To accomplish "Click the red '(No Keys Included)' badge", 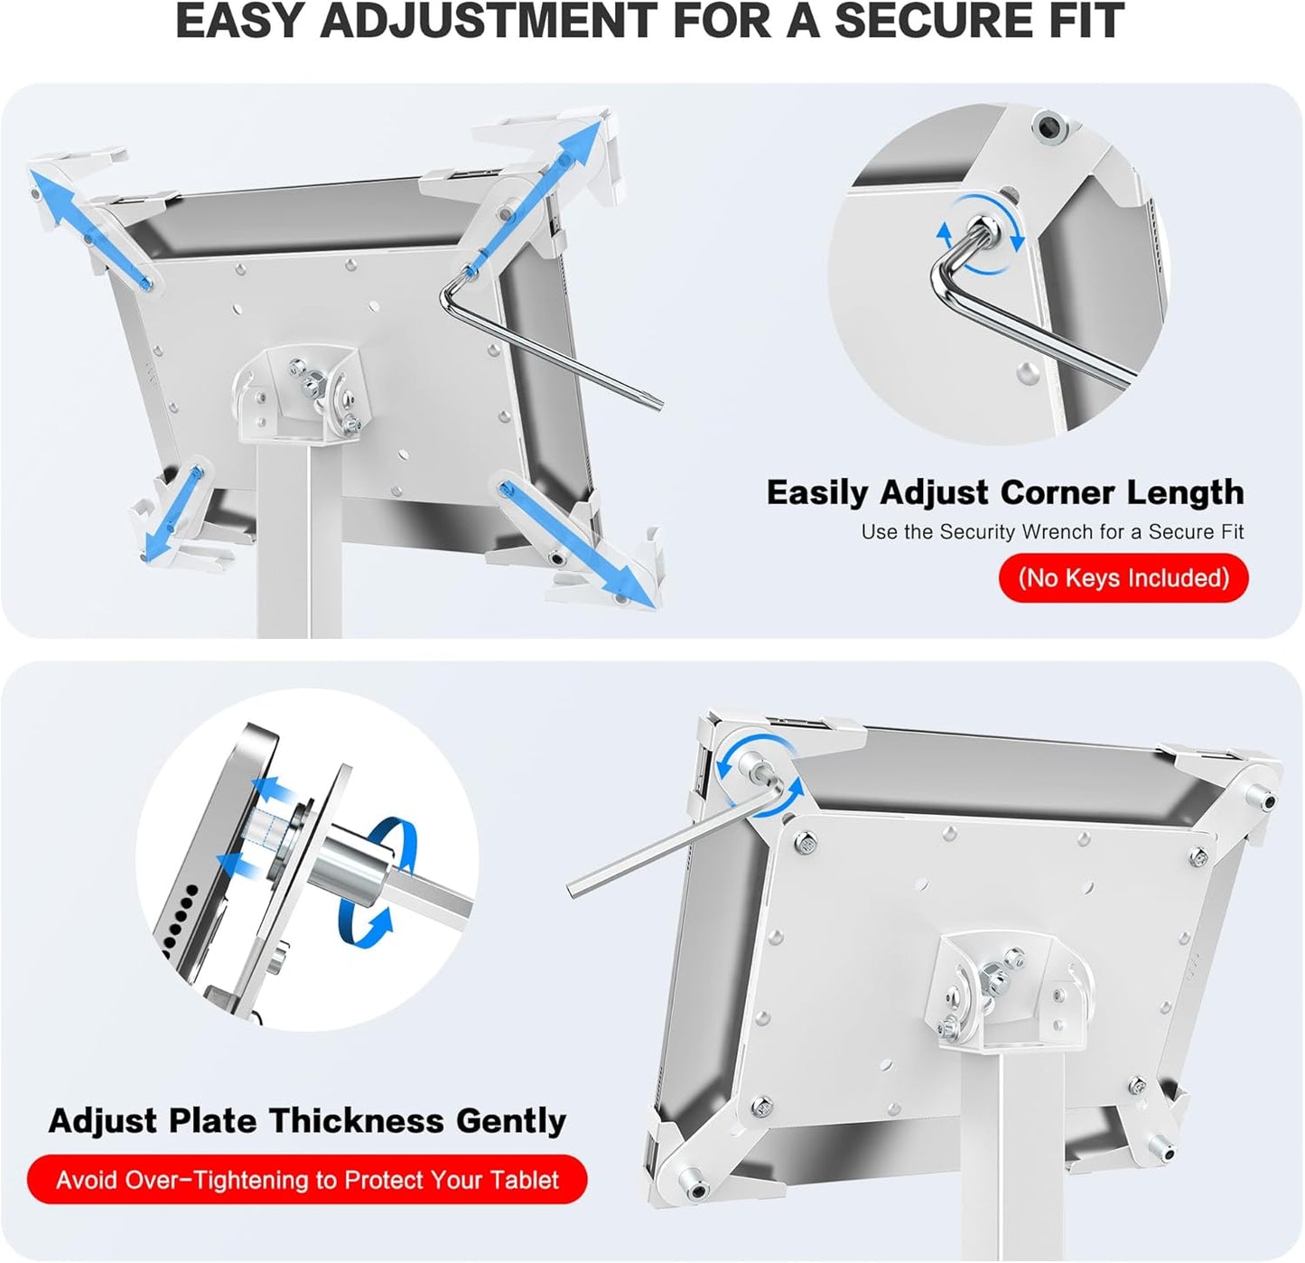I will pos(1123,578).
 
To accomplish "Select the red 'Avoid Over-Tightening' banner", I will pos(307,1180).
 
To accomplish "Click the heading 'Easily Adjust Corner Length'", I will pos(1004,492).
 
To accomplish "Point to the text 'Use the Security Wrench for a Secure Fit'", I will pos(1051,532).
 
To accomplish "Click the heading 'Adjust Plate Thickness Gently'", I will pos(307,1120).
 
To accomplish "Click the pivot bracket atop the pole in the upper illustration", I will pos(298,388).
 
